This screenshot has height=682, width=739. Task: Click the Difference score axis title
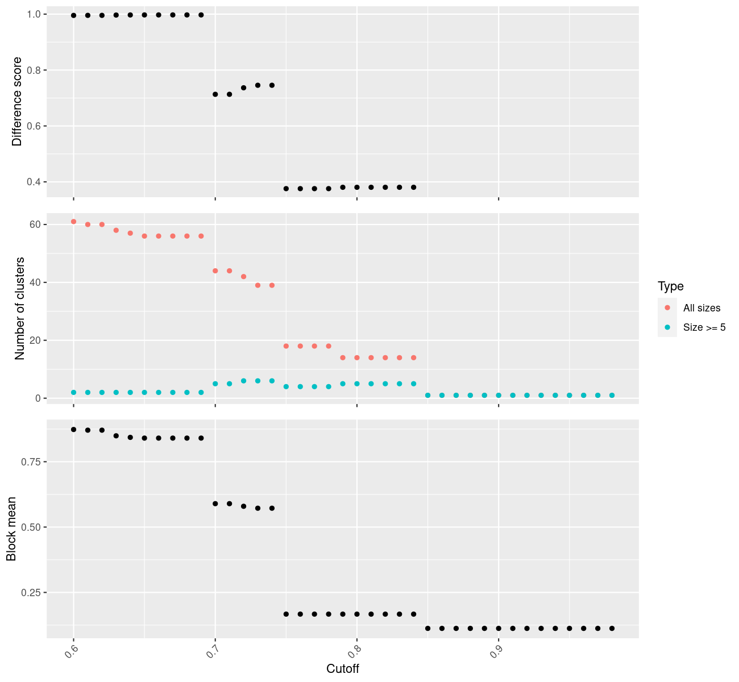[x=17, y=101]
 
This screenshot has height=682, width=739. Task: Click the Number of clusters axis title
[x=20, y=308]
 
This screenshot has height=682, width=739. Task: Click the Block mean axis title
[x=11, y=529]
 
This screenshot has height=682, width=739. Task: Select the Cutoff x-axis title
[x=342, y=668]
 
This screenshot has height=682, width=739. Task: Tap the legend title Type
[x=670, y=286]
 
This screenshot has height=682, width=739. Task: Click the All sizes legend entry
[x=701, y=308]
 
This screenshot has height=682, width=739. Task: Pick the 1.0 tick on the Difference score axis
[x=34, y=14]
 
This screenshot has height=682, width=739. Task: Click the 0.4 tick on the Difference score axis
[x=34, y=182]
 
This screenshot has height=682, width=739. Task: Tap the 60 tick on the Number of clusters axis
[x=36, y=224]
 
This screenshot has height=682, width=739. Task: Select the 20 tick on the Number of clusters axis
[x=36, y=340]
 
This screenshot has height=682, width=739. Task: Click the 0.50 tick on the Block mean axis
[x=32, y=527]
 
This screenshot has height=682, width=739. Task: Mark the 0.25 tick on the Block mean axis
[x=32, y=592]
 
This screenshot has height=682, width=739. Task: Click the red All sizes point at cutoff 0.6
[x=73, y=222]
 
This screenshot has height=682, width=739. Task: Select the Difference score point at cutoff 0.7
[x=215, y=94]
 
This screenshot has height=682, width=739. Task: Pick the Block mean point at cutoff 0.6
[x=73, y=430]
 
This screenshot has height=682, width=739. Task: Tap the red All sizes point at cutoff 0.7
[x=215, y=271]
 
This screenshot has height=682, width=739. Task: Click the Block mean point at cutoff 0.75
[x=286, y=614]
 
